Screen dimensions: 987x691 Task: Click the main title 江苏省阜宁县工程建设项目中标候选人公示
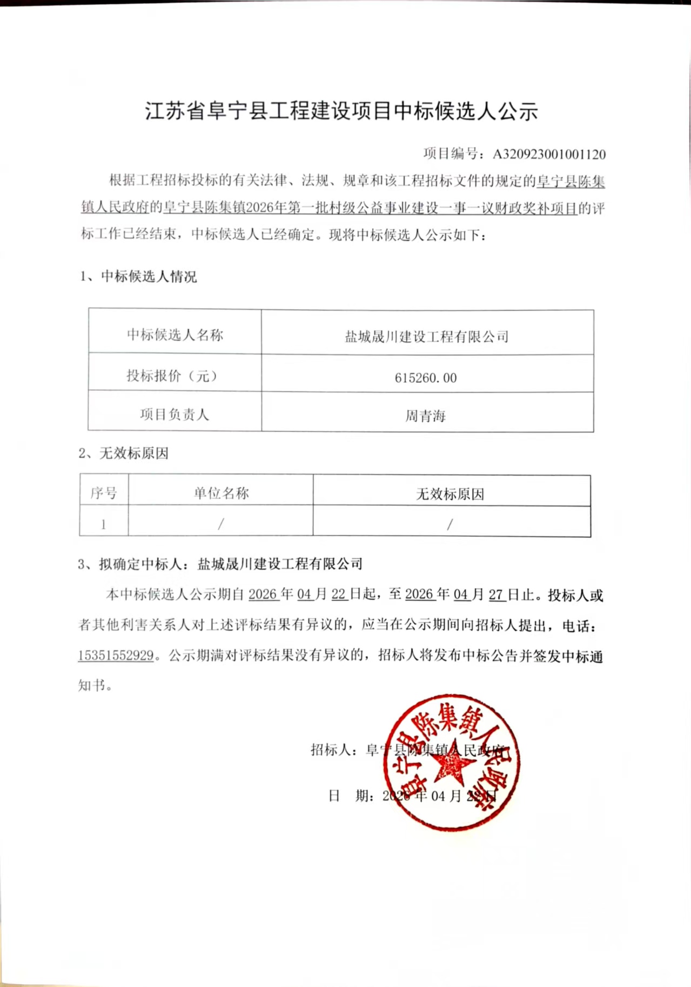(x=341, y=111)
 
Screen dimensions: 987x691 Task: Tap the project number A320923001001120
(x=549, y=155)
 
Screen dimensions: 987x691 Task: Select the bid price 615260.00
(x=426, y=378)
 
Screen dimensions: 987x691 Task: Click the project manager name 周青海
(x=426, y=416)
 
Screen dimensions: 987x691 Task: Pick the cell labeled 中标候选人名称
(x=175, y=335)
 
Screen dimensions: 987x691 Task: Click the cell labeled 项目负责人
(x=174, y=415)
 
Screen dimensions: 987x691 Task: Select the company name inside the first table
(x=427, y=337)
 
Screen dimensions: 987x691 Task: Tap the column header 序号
(x=103, y=493)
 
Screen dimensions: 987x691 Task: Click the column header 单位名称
(x=221, y=493)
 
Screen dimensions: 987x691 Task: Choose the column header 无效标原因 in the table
(x=450, y=494)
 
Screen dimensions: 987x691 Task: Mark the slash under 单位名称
(x=221, y=524)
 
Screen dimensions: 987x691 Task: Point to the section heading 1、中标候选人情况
(x=138, y=277)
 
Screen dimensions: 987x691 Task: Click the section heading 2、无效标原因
(x=124, y=453)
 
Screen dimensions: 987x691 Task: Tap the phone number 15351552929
(x=116, y=656)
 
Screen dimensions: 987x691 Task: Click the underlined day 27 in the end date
(x=497, y=595)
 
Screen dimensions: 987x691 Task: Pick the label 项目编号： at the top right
(x=454, y=154)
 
